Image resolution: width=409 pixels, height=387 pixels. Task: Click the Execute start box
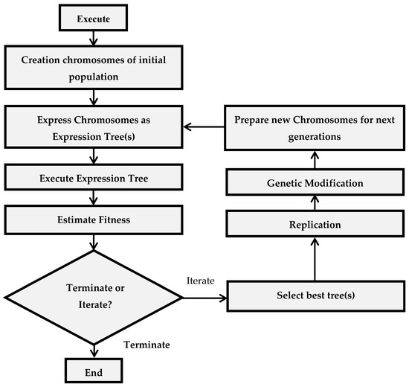tap(94, 18)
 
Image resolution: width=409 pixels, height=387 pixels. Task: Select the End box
tap(94, 371)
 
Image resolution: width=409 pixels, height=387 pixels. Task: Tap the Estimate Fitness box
tap(94, 220)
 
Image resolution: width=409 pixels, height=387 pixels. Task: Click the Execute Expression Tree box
tap(94, 177)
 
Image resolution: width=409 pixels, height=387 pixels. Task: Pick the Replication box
tap(315, 224)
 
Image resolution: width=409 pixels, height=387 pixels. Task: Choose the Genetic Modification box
tap(315, 182)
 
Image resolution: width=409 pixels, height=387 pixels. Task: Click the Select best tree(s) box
tap(316, 296)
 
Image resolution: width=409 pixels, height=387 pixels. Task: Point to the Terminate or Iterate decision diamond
tap(94, 298)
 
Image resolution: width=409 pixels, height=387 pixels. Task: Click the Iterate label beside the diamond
tap(201, 281)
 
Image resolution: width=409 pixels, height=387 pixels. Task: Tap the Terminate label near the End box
tap(146, 345)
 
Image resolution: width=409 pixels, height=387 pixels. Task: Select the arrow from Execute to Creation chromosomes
tap(94, 38)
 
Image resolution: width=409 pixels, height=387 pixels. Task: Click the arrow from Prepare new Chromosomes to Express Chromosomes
tap(204, 127)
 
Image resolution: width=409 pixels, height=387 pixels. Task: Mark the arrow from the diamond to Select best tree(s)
tap(205, 298)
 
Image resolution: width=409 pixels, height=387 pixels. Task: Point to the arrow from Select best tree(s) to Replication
tap(315, 259)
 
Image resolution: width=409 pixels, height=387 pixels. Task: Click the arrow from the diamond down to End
tap(94, 351)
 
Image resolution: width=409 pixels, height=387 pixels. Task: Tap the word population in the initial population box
tap(94, 77)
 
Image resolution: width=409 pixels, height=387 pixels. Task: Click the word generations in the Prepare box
tap(315, 137)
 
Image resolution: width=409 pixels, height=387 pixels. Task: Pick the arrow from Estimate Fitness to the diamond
tap(94, 243)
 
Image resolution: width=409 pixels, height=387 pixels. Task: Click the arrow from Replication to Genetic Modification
tap(315, 203)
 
